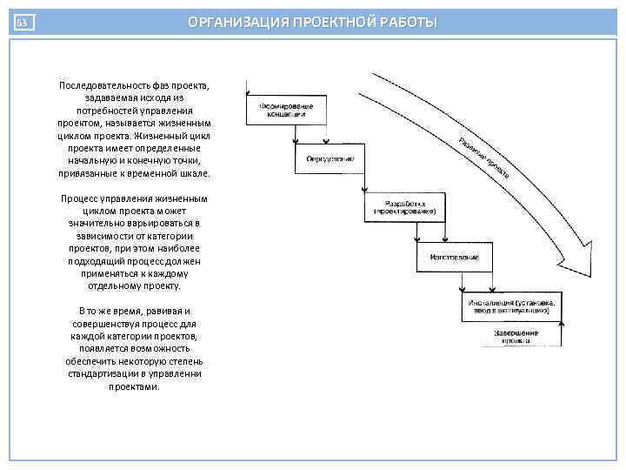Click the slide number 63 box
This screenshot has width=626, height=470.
(24, 23)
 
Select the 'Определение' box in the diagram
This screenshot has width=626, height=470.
(330, 158)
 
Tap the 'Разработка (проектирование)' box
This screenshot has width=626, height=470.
(404, 208)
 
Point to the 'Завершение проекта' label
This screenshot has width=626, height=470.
(516, 336)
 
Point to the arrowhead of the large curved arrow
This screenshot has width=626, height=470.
(591, 252)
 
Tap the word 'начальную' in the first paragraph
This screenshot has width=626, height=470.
(92, 161)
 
